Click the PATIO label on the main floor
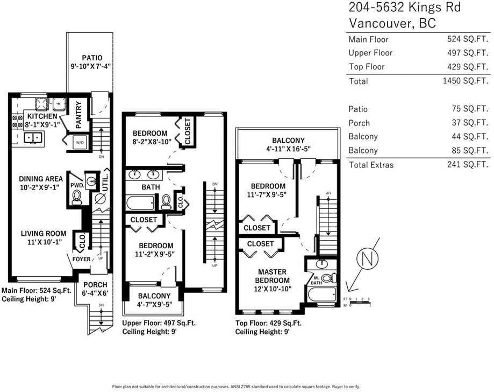pyautogui.click(x=92, y=58)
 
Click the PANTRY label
pyautogui.click(x=78, y=115)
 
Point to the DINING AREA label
pyautogui.click(x=41, y=179)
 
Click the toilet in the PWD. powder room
pyautogui.click(x=76, y=199)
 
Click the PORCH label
pyautogui.click(x=95, y=285)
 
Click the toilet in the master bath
pyautogui.click(x=333, y=278)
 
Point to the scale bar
pyautogui.click(x=360, y=302)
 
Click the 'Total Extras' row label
pyautogui.click(x=371, y=165)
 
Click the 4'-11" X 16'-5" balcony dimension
pyautogui.click(x=288, y=149)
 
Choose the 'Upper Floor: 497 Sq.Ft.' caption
pyautogui.click(x=156, y=323)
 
